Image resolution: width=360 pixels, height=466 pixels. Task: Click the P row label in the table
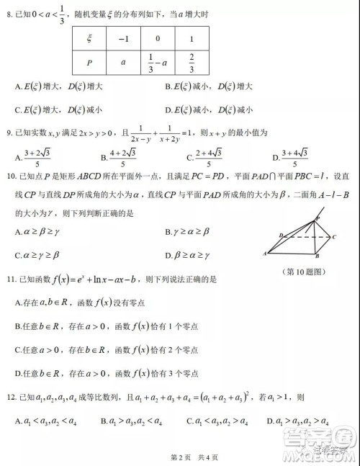coord(90,63)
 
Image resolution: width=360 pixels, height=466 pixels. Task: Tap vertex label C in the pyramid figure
coord(334,236)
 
